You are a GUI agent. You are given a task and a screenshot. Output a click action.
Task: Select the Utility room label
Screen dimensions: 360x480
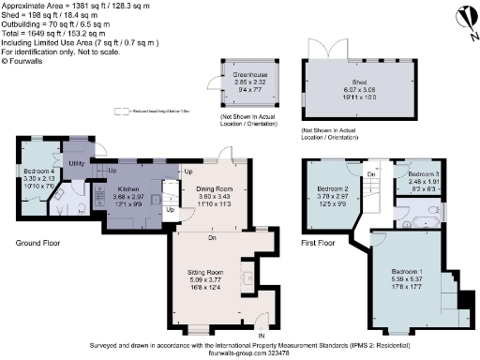[77, 162]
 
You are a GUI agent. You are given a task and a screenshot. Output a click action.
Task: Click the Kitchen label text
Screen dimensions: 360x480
[127, 188]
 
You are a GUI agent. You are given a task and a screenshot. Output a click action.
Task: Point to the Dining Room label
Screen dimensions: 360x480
[214, 188]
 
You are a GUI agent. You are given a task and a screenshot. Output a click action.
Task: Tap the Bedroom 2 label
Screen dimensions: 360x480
[333, 188]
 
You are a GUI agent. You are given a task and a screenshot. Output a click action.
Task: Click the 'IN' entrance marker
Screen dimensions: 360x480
[262, 335]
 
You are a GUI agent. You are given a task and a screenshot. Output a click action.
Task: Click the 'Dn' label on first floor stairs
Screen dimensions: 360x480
[371, 174]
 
